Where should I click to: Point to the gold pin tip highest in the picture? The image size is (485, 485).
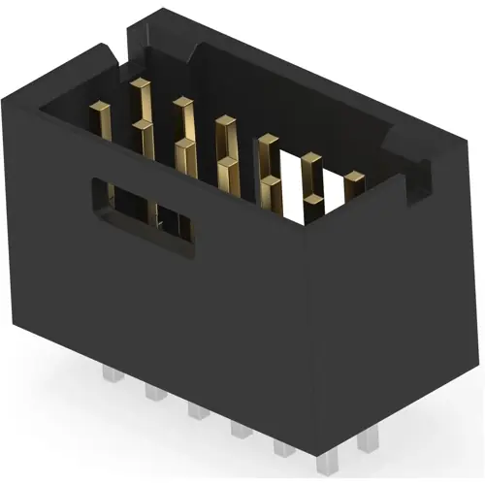(140, 85)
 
